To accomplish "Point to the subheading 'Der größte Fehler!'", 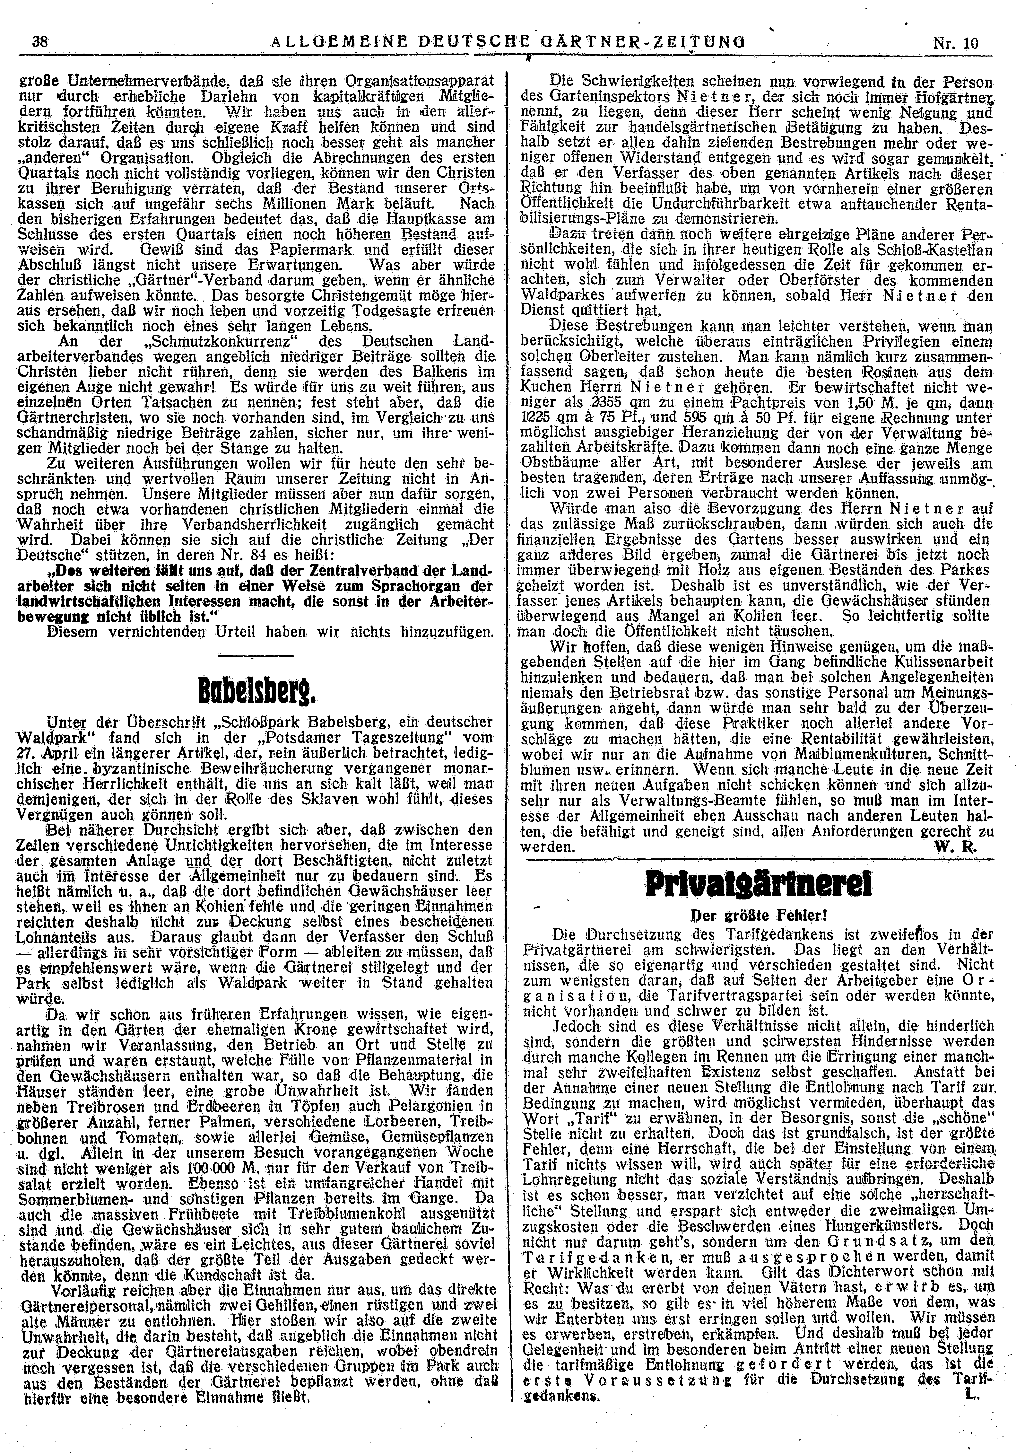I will click(749, 916).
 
